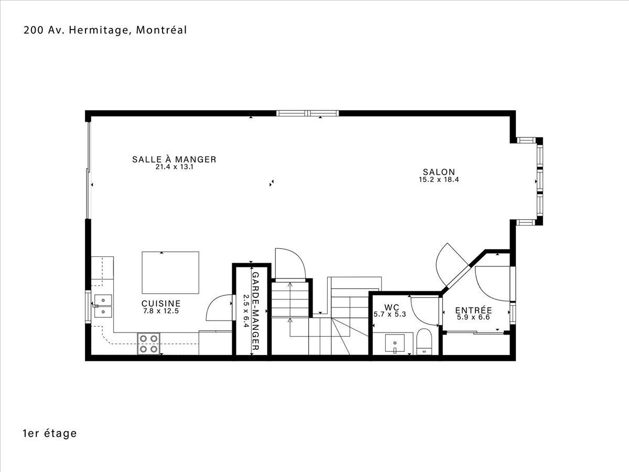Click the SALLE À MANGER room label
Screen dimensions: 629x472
[x=174, y=159]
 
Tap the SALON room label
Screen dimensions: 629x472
[x=439, y=172]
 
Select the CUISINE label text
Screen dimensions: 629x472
[x=161, y=304]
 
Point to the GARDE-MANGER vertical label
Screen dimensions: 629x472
[x=255, y=311]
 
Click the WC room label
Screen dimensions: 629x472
[x=392, y=307]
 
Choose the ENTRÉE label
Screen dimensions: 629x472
[x=473, y=310]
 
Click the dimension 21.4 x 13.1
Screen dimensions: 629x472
[x=174, y=167]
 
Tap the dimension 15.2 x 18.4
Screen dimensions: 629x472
[x=439, y=180]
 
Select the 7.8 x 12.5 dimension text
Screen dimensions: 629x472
[x=161, y=311]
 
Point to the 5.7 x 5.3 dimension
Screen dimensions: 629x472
[x=390, y=314]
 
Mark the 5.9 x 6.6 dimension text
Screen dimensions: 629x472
[x=473, y=317]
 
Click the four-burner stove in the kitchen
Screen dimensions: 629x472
[x=148, y=344]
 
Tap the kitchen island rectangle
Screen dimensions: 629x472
[x=170, y=273]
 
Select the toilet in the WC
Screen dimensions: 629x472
[x=424, y=342]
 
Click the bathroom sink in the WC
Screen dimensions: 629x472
[x=395, y=343]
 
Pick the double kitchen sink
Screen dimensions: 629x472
[x=103, y=306]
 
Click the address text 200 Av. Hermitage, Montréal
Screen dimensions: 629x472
[x=105, y=30]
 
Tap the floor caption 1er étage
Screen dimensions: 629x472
[x=50, y=433]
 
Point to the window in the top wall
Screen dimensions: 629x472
[x=308, y=113]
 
